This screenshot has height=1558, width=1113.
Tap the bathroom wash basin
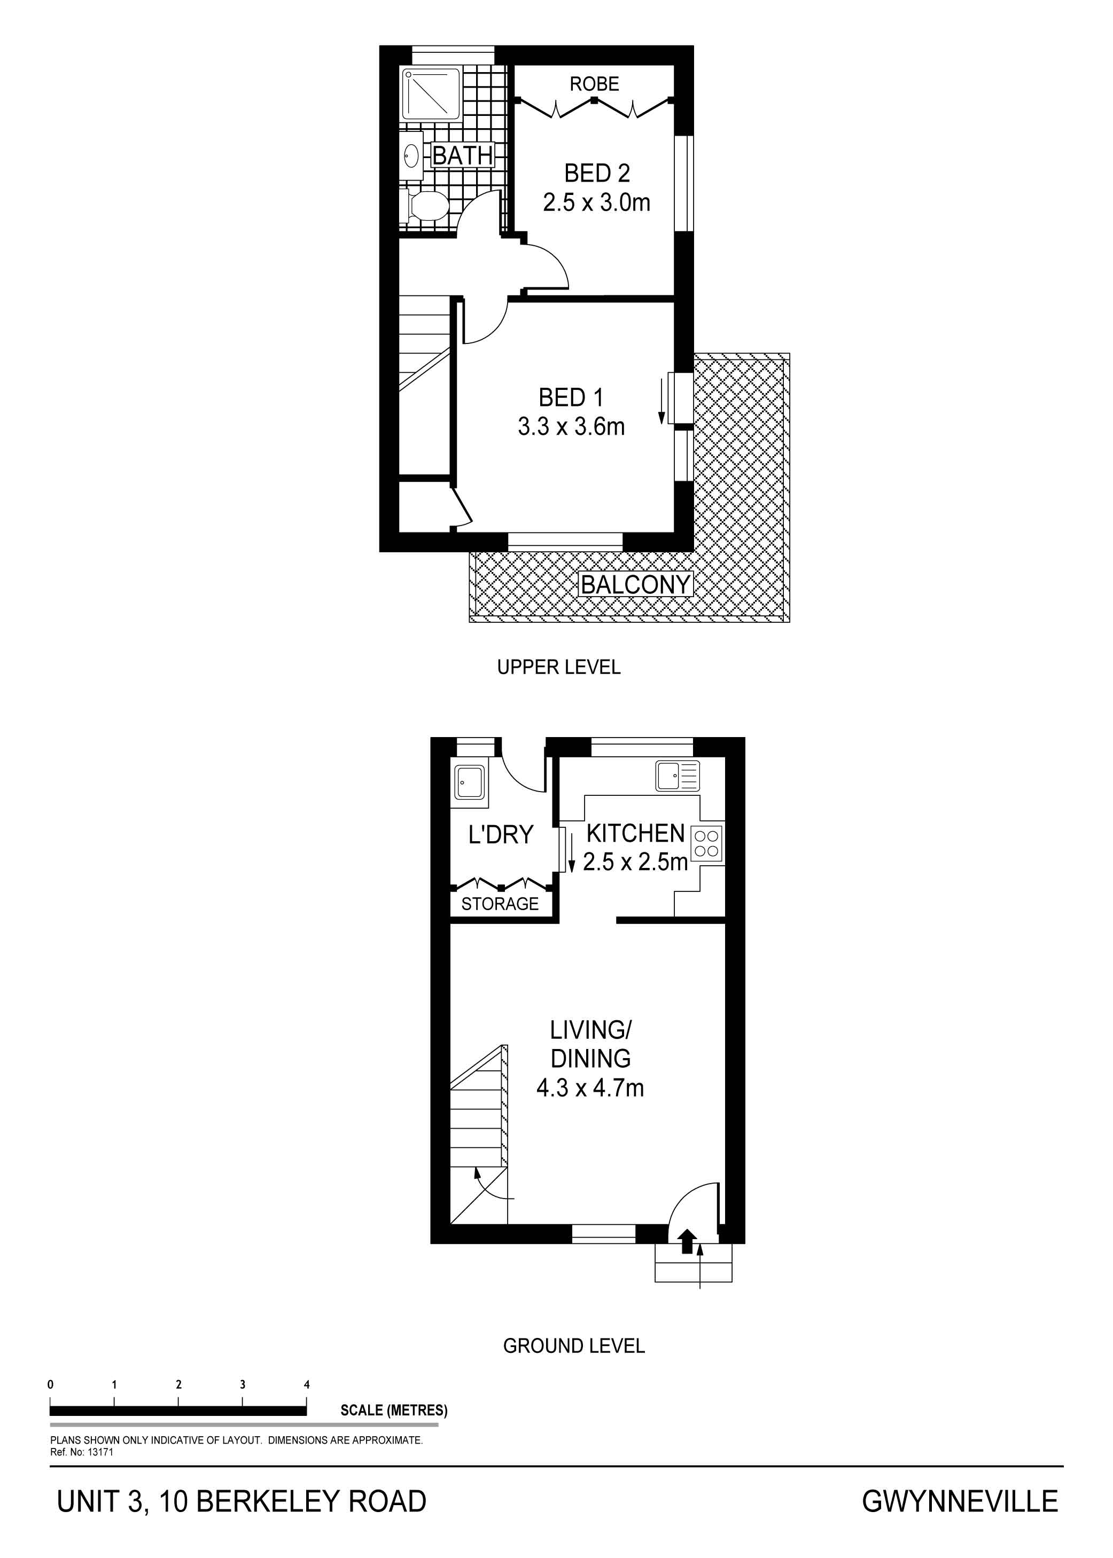pyautogui.click(x=412, y=155)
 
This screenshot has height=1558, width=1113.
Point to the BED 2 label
pyautogui.click(x=597, y=174)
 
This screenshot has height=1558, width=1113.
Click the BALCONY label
pyautogui.click(x=635, y=584)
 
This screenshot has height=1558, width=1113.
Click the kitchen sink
pyautogui.click(x=677, y=776)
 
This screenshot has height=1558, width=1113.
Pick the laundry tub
pyautogui.click(x=470, y=782)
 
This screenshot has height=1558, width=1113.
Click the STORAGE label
pyautogui.click(x=500, y=904)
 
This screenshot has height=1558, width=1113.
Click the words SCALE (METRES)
pyautogui.click(x=394, y=1410)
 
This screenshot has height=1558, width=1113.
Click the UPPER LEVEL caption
pyautogui.click(x=558, y=667)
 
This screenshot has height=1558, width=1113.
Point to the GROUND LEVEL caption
pyautogui.click(x=574, y=1346)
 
